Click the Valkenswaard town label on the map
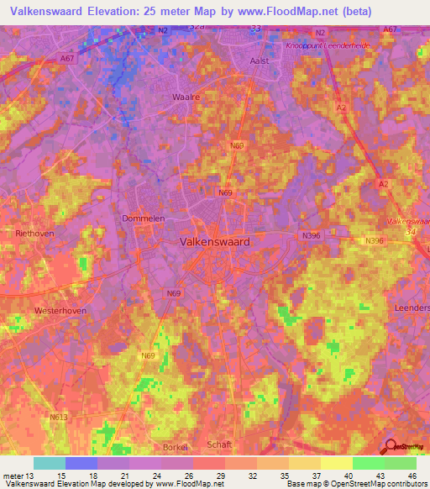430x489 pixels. [214, 241]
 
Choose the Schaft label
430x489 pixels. [218, 444]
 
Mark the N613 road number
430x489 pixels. [59, 417]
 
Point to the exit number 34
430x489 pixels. [410, 232]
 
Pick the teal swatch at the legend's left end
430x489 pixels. [50, 463]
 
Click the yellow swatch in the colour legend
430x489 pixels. [336, 463]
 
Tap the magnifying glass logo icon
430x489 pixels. [391, 448]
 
